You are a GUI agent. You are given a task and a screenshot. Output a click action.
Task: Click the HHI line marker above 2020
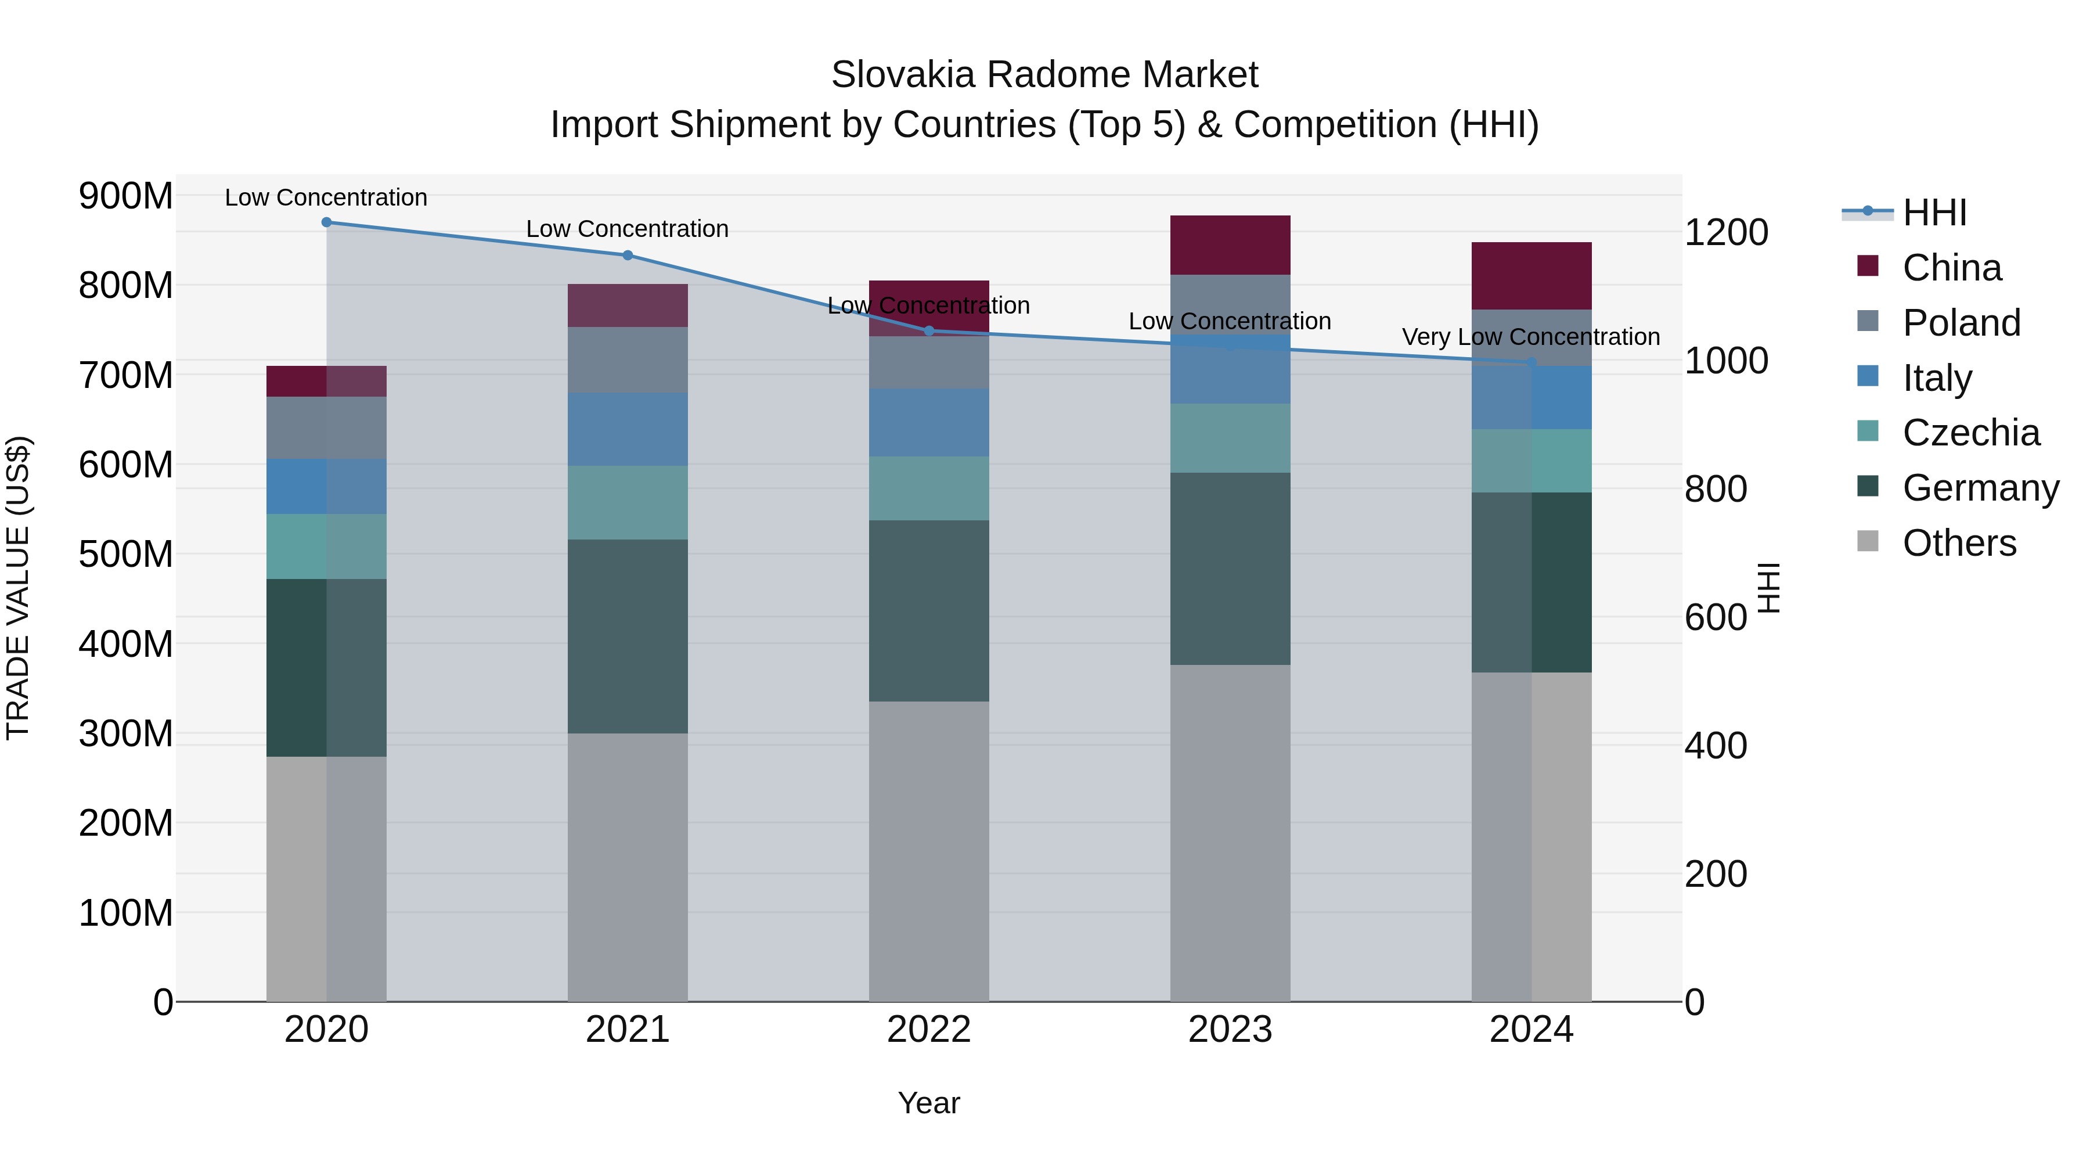pyautogui.click(x=326, y=222)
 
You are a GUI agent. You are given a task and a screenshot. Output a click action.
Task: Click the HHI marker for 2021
pyautogui.click(x=627, y=255)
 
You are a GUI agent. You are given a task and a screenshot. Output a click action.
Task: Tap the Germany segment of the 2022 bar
pyautogui.click(x=928, y=610)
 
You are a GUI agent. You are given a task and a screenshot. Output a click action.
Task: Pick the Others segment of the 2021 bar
pyautogui.click(x=627, y=867)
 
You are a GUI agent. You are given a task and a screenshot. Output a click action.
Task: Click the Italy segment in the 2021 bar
pyautogui.click(x=627, y=429)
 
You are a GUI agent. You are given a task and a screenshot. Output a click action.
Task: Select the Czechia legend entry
pyautogui.click(x=1970, y=433)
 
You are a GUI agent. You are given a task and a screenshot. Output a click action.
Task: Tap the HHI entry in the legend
pyautogui.click(x=1934, y=213)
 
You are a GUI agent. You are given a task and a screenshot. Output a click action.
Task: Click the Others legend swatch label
pyautogui.click(x=1959, y=543)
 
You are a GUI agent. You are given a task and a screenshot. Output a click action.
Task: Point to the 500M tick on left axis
pyautogui.click(x=126, y=555)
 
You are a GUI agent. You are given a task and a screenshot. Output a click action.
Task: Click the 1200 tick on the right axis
pyautogui.click(x=1726, y=233)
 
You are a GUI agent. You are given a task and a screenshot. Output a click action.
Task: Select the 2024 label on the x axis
pyautogui.click(x=1530, y=1030)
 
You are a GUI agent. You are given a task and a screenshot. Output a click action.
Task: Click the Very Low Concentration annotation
pyautogui.click(x=1530, y=337)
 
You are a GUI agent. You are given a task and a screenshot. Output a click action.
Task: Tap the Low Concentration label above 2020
pyautogui.click(x=326, y=197)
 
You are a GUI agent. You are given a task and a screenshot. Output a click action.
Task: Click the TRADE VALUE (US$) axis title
pyautogui.click(x=19, y=588)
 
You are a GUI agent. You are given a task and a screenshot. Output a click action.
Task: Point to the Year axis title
pyautogui.click(x=928, y=1103)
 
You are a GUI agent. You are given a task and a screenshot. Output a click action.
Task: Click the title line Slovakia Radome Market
pyautogui.click(x=1044, y=75)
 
